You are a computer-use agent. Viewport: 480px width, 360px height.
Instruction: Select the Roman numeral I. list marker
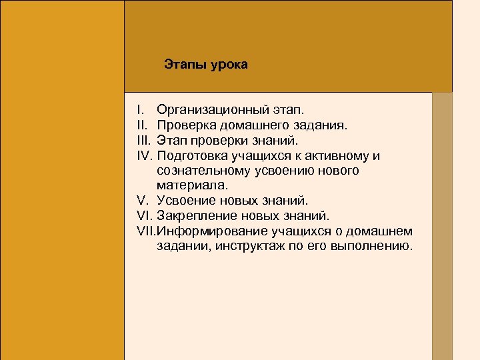139,108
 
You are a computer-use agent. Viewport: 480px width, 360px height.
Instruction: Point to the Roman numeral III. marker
144,140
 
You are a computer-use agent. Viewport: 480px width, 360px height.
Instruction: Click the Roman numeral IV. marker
145,156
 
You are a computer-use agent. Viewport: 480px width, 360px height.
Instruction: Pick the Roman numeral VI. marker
145,215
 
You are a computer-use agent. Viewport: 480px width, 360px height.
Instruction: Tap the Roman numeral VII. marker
146,231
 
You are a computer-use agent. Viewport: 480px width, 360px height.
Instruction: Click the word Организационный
212,108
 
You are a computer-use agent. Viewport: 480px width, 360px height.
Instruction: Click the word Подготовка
191,156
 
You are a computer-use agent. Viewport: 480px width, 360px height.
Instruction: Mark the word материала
185,185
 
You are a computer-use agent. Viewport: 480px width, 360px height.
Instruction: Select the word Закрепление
195,215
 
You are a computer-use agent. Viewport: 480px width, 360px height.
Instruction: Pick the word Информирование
211,231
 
